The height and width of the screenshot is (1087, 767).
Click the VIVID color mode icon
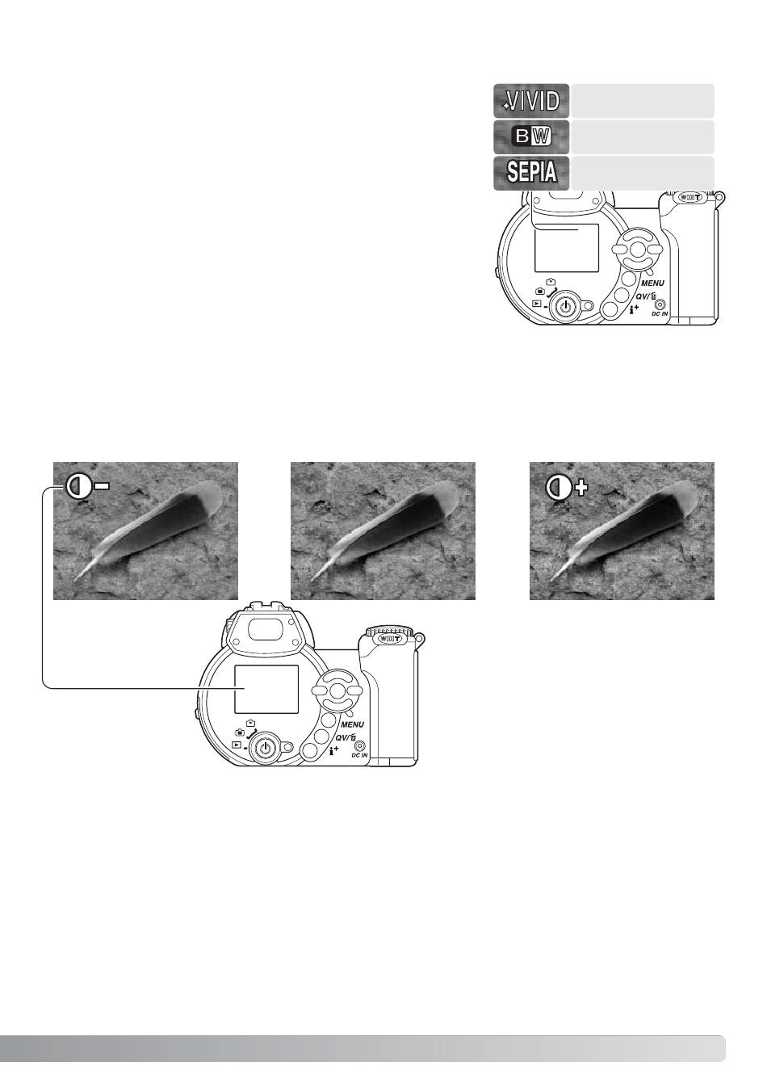531,101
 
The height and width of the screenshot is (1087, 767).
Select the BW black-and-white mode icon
531,137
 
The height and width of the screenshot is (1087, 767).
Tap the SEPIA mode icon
531,174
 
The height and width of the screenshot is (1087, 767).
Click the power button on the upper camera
565,306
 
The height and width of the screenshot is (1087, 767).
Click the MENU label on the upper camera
652,283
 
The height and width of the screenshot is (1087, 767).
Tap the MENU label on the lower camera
353,724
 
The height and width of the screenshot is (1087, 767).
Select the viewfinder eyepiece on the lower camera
262,630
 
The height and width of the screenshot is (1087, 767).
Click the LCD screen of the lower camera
266,689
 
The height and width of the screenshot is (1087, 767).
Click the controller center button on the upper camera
636,250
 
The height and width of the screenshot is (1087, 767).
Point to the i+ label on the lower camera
334,752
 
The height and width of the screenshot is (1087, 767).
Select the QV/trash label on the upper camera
647,296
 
